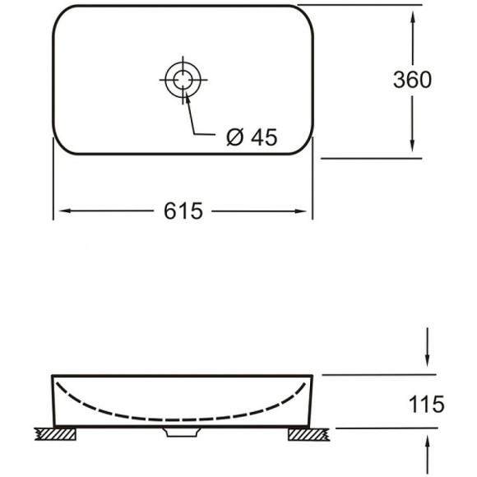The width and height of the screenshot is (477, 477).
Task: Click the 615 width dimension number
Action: [x=183, y=211]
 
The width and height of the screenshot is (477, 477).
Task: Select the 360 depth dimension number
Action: [x=412, y=79]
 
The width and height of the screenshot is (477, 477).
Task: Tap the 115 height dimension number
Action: [x=426, y=404]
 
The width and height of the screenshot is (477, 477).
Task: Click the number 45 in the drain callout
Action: [x=262, y=138]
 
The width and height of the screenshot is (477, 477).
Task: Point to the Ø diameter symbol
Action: [x=234, y=138]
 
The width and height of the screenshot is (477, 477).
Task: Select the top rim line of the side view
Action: [x=182, y=376]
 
